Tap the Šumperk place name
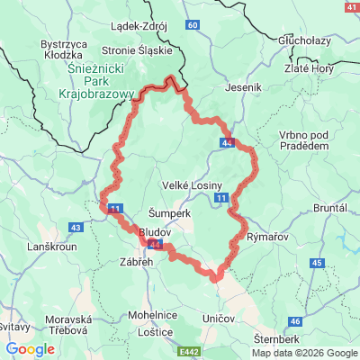point(167,213)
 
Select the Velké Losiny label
point(187,184)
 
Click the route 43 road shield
point(75,228)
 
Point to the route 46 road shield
point(294,321)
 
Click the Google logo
point(30,349)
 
